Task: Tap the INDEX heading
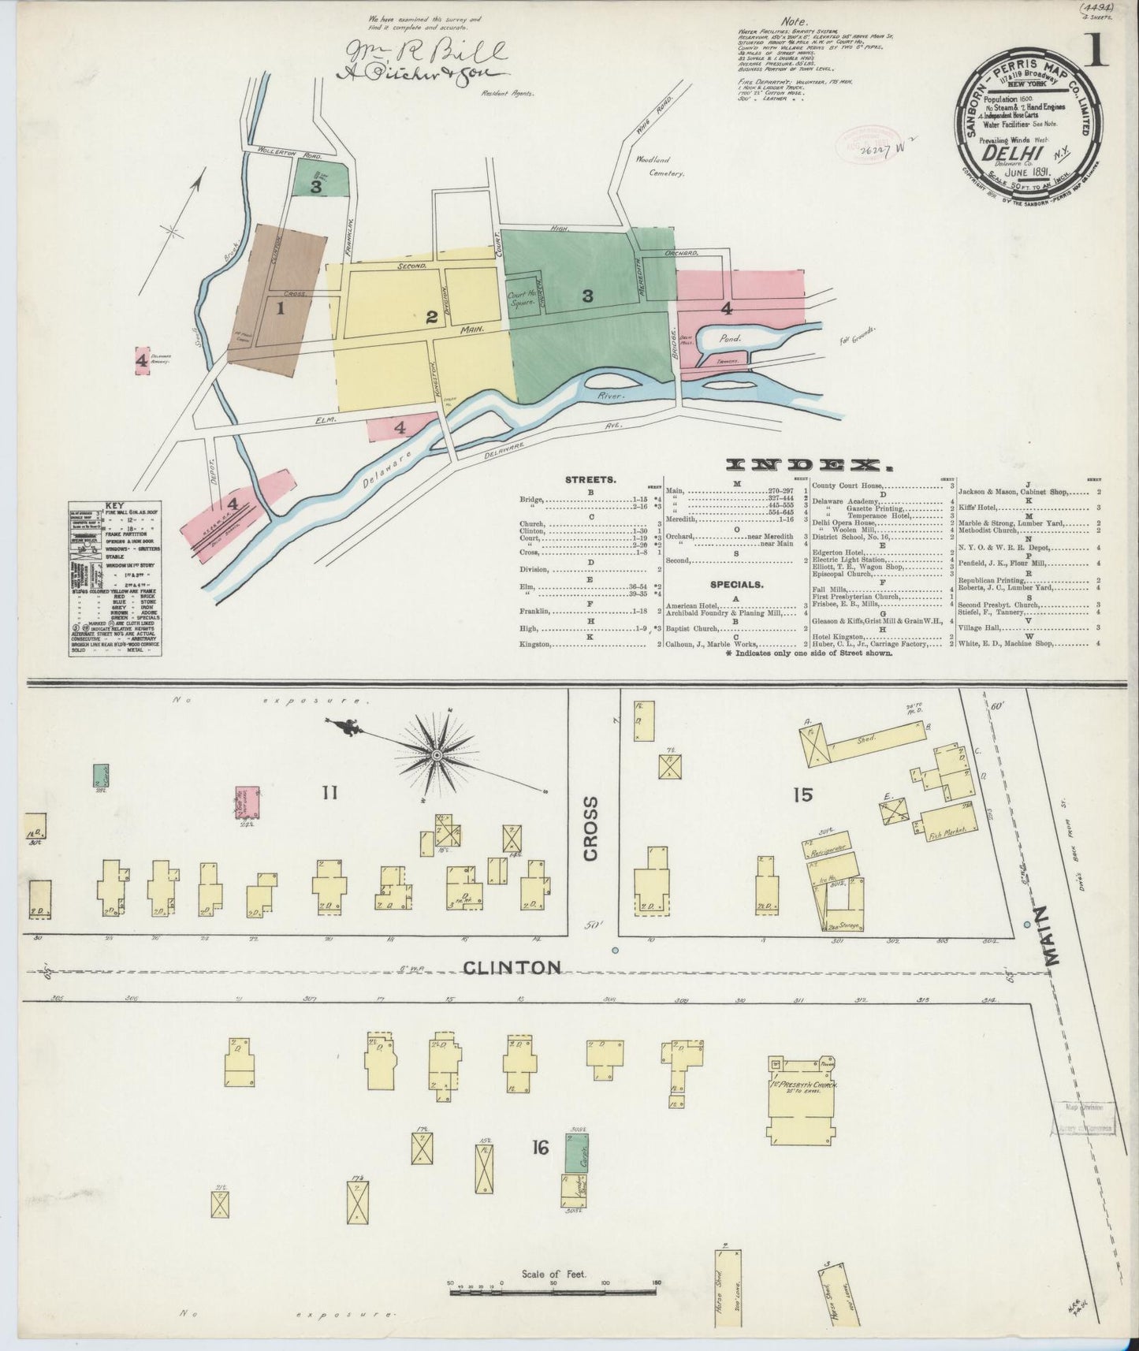click(791, 465)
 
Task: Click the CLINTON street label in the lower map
click(512, 966)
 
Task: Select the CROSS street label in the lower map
click(592, 828)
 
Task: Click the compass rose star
click(436, 757)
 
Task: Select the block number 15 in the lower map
click(803, 795)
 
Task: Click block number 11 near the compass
click(329, 792)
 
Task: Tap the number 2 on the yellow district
click(431, 318)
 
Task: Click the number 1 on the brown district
click(279, 309)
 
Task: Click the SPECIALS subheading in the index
click(736, 585)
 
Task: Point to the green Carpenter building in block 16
click(579, 1152)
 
